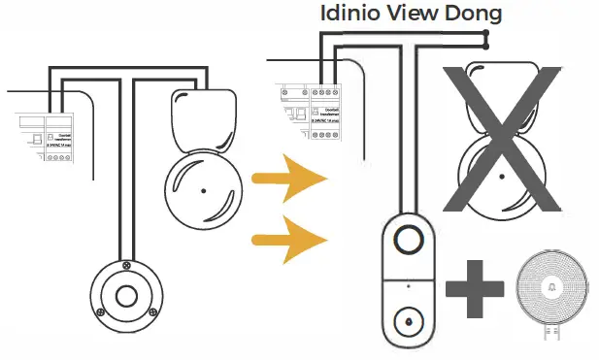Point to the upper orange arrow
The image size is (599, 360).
tap(286, 179)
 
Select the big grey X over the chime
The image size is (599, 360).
tap(501, 136)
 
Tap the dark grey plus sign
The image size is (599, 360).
tap(476, 287)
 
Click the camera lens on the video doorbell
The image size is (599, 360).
tap(409, 239)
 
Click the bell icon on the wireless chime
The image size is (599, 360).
tap(552, 289)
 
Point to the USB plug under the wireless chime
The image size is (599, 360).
tap(552, 334)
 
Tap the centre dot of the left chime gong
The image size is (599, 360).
tap(202, 190)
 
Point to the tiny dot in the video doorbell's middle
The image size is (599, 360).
tap(409, 286)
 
